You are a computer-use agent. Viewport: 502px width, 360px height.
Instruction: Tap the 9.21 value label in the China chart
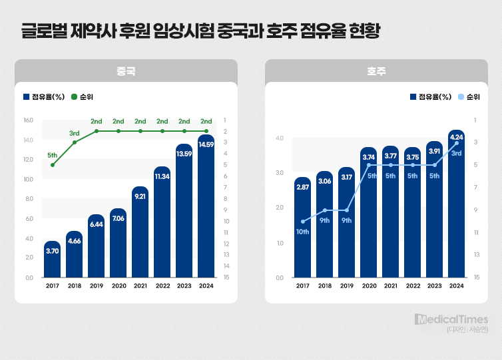coord(140,197)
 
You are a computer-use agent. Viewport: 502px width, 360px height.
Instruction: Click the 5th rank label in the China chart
coord(53,155)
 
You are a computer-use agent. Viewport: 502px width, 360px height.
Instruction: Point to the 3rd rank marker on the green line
coord(75,142)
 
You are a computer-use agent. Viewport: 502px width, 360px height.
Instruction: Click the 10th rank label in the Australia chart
coord(303,232)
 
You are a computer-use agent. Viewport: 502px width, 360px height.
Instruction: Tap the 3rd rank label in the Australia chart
coord(456,154)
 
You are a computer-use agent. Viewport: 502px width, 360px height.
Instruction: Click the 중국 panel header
coord(126,71)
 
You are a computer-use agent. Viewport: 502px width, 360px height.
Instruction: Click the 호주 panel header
coord(376,71)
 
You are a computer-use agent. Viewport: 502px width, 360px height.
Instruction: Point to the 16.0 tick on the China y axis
coord(29,120)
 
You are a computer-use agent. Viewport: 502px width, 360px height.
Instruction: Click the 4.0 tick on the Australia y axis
coord(279,138)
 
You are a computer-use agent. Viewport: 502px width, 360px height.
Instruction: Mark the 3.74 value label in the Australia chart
coord(368,157)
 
